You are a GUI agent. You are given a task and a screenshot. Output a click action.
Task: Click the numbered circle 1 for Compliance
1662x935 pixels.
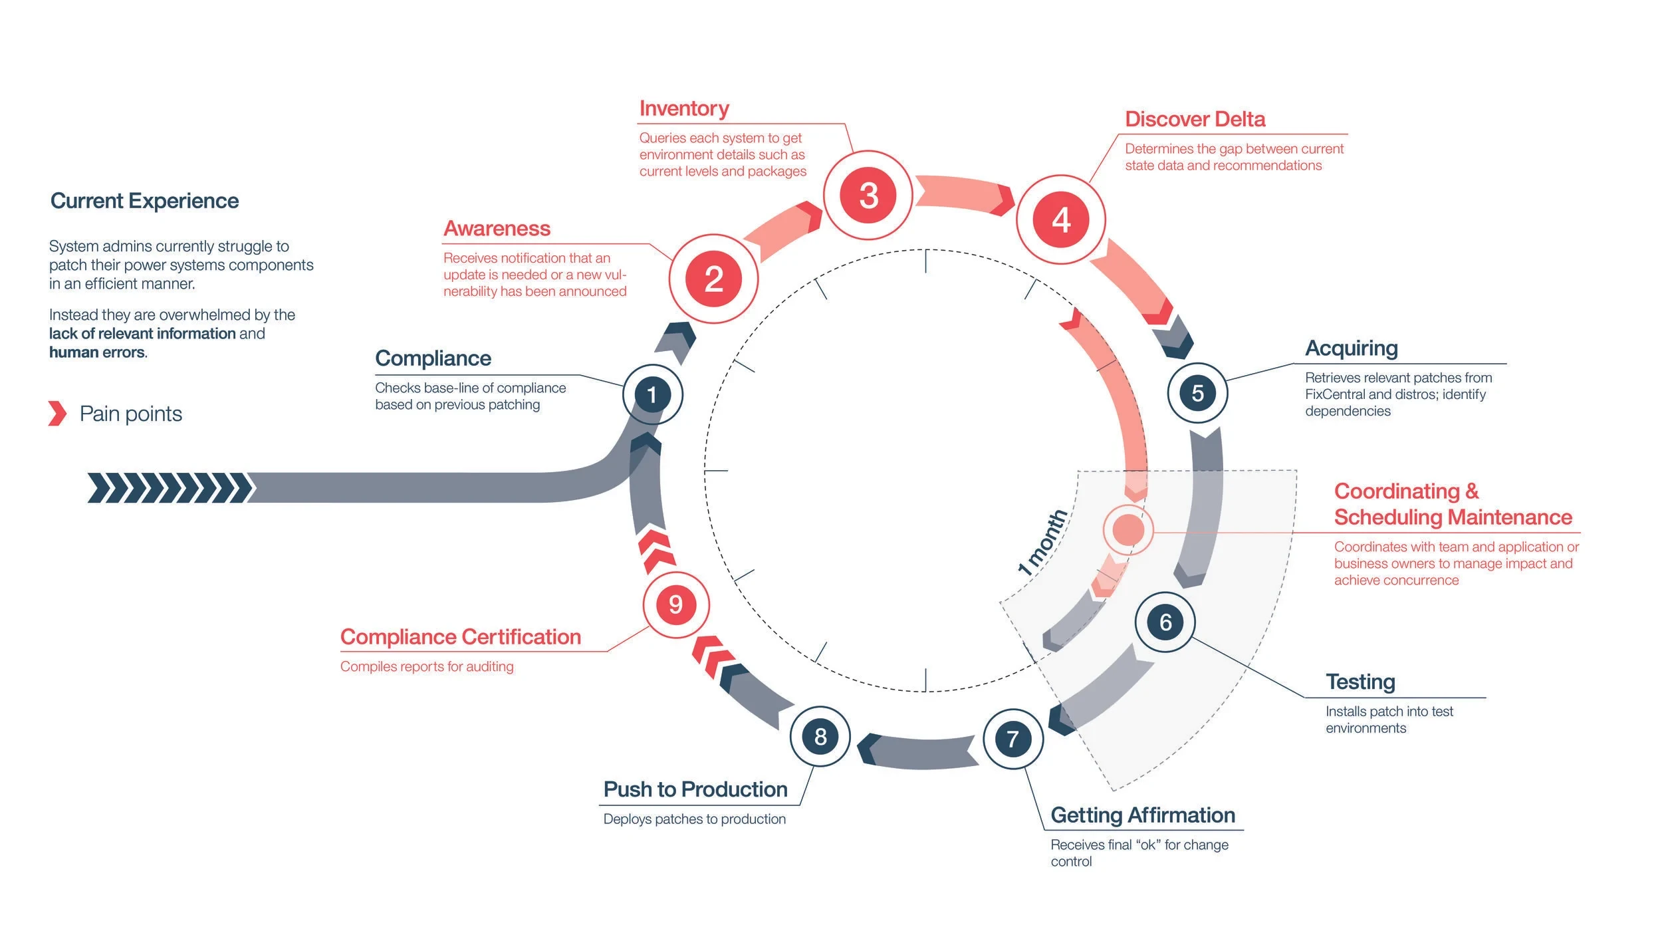pyautogui.click(x=652, y=394)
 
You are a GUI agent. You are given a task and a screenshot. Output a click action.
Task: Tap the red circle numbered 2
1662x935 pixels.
pyautogui.click(x=713, y=279)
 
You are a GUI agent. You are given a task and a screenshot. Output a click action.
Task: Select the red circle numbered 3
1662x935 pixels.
pyautogui.click(x=868, y=196)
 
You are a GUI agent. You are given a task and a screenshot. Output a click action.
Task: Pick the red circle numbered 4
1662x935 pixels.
pyautogui.click(x=1061, y=219)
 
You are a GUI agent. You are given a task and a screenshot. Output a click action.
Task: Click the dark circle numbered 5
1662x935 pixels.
pyautogui.click(x=1197, y=393)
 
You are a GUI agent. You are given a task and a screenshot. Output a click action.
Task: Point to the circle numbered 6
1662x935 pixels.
pyautogui.click(x=1165, y=622)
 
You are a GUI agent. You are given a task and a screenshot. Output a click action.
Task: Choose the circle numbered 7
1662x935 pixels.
pyautogui.click(x=1012, y=739)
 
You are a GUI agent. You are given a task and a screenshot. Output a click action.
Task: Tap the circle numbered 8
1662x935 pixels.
pyautogui.click(x=820, y=736)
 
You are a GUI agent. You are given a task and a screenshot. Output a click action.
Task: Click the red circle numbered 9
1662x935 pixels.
pyautogui.click(x=675, y=604)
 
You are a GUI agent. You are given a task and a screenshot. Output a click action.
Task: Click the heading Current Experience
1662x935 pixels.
pyautogui.click(x=144, y=201)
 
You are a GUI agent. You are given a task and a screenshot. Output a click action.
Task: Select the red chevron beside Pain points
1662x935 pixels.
pyautogui.click(x=58, y=413)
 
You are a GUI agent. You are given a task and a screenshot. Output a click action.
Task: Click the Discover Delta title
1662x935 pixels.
pyautogui.click(x=1195, y=119)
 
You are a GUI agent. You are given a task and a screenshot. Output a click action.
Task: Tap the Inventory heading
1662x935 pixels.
pyautogui.click(x=684, y=108)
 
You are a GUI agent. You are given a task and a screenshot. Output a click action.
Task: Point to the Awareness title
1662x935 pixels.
pyautogui.click(x=497, y=229)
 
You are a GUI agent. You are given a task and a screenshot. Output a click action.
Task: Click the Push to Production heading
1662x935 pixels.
pyautogui.click(x=695, y=789)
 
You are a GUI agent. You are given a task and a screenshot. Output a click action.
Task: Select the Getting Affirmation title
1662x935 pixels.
pyautogui.click(x=1143, y=815)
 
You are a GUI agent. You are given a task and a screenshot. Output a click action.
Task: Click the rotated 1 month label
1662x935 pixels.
pyautogui.click(x=1042, y=542)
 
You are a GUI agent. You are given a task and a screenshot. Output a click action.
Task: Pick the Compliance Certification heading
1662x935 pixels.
pyautogui.click(x=461, y=637)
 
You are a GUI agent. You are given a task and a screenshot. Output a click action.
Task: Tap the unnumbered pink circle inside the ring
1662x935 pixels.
pyautogui.click(x=1128, y=530)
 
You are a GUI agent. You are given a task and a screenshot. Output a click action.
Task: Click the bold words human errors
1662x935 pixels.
pyautogui.click(x=97, y=352)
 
